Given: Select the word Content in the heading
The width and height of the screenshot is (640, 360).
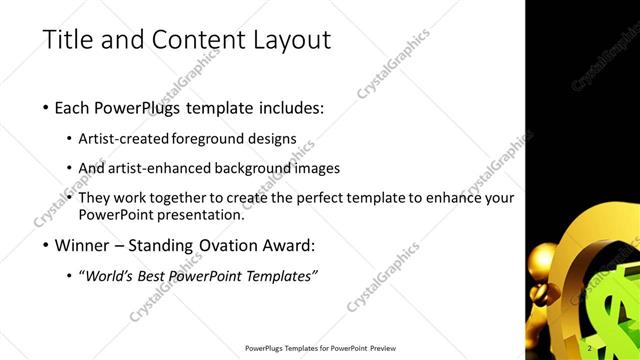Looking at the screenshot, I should pos(198,41).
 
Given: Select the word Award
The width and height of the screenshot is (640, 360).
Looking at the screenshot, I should pos(288,245).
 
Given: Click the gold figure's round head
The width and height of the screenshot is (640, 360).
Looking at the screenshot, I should pos(552,259).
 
